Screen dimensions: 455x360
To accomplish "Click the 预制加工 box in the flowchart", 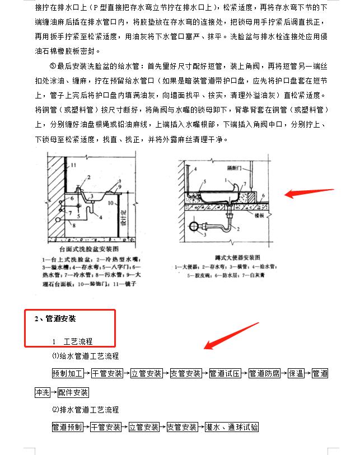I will coord(67,373).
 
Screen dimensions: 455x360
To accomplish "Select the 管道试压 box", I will coord(225,373).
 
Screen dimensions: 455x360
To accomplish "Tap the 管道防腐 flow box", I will coord(264,373).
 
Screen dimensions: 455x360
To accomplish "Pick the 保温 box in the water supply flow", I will coord(295,373).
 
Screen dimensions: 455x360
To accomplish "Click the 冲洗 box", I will coord(42,392).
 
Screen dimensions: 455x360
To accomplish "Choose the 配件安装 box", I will coord(73,392).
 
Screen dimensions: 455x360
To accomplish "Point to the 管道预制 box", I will coord(67,427).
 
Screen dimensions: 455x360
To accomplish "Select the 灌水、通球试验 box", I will coord(232,427).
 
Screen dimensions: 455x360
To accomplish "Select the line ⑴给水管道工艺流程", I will coord(85,356).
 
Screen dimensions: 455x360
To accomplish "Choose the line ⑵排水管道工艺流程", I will coord(85,410).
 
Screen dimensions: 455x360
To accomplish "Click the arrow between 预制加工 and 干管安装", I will coord(87,373).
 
